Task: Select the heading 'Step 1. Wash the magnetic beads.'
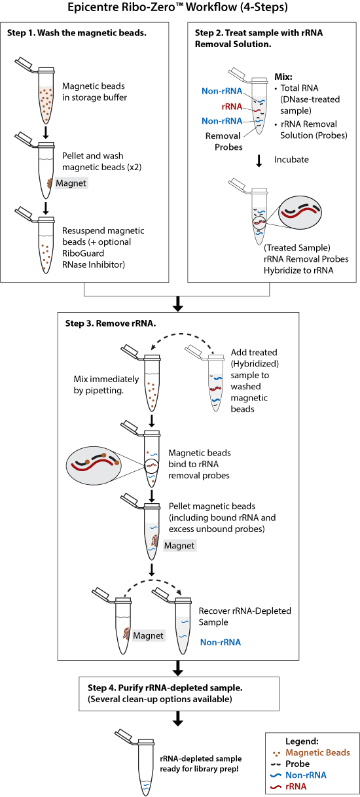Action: pos(77,33)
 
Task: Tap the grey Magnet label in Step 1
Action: pos(71,183)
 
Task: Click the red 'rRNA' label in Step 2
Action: pos(232,107)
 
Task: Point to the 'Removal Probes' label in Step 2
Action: pos(224,141)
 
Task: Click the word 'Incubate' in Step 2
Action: pos(291,160)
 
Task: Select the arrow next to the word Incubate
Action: pos(259,160)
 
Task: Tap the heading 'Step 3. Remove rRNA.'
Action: pos(111,323)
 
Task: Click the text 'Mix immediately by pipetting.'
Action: pos(106,385)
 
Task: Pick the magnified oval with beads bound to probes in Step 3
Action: pos(94,463)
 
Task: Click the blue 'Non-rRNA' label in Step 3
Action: pos(221,642)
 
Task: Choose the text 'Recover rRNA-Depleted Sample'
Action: pos(245,616)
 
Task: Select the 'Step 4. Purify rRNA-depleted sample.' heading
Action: pos(165,688)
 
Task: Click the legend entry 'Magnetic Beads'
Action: pos(317,753)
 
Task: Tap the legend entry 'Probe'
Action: pos(297,764)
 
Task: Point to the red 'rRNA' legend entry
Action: pos(296,787)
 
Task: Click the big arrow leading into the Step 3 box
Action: pos(177,304)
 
